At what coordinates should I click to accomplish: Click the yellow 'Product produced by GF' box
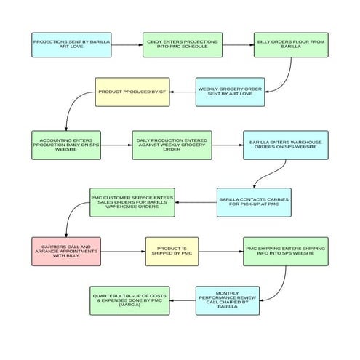pos(132,92)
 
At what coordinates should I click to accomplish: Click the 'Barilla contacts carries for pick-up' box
pos(254,202)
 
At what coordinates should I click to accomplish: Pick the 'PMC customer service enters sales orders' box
pos(132,202)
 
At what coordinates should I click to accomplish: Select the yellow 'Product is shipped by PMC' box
pos(172,251)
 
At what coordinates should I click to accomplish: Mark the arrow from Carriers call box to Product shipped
pos(124,251)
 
